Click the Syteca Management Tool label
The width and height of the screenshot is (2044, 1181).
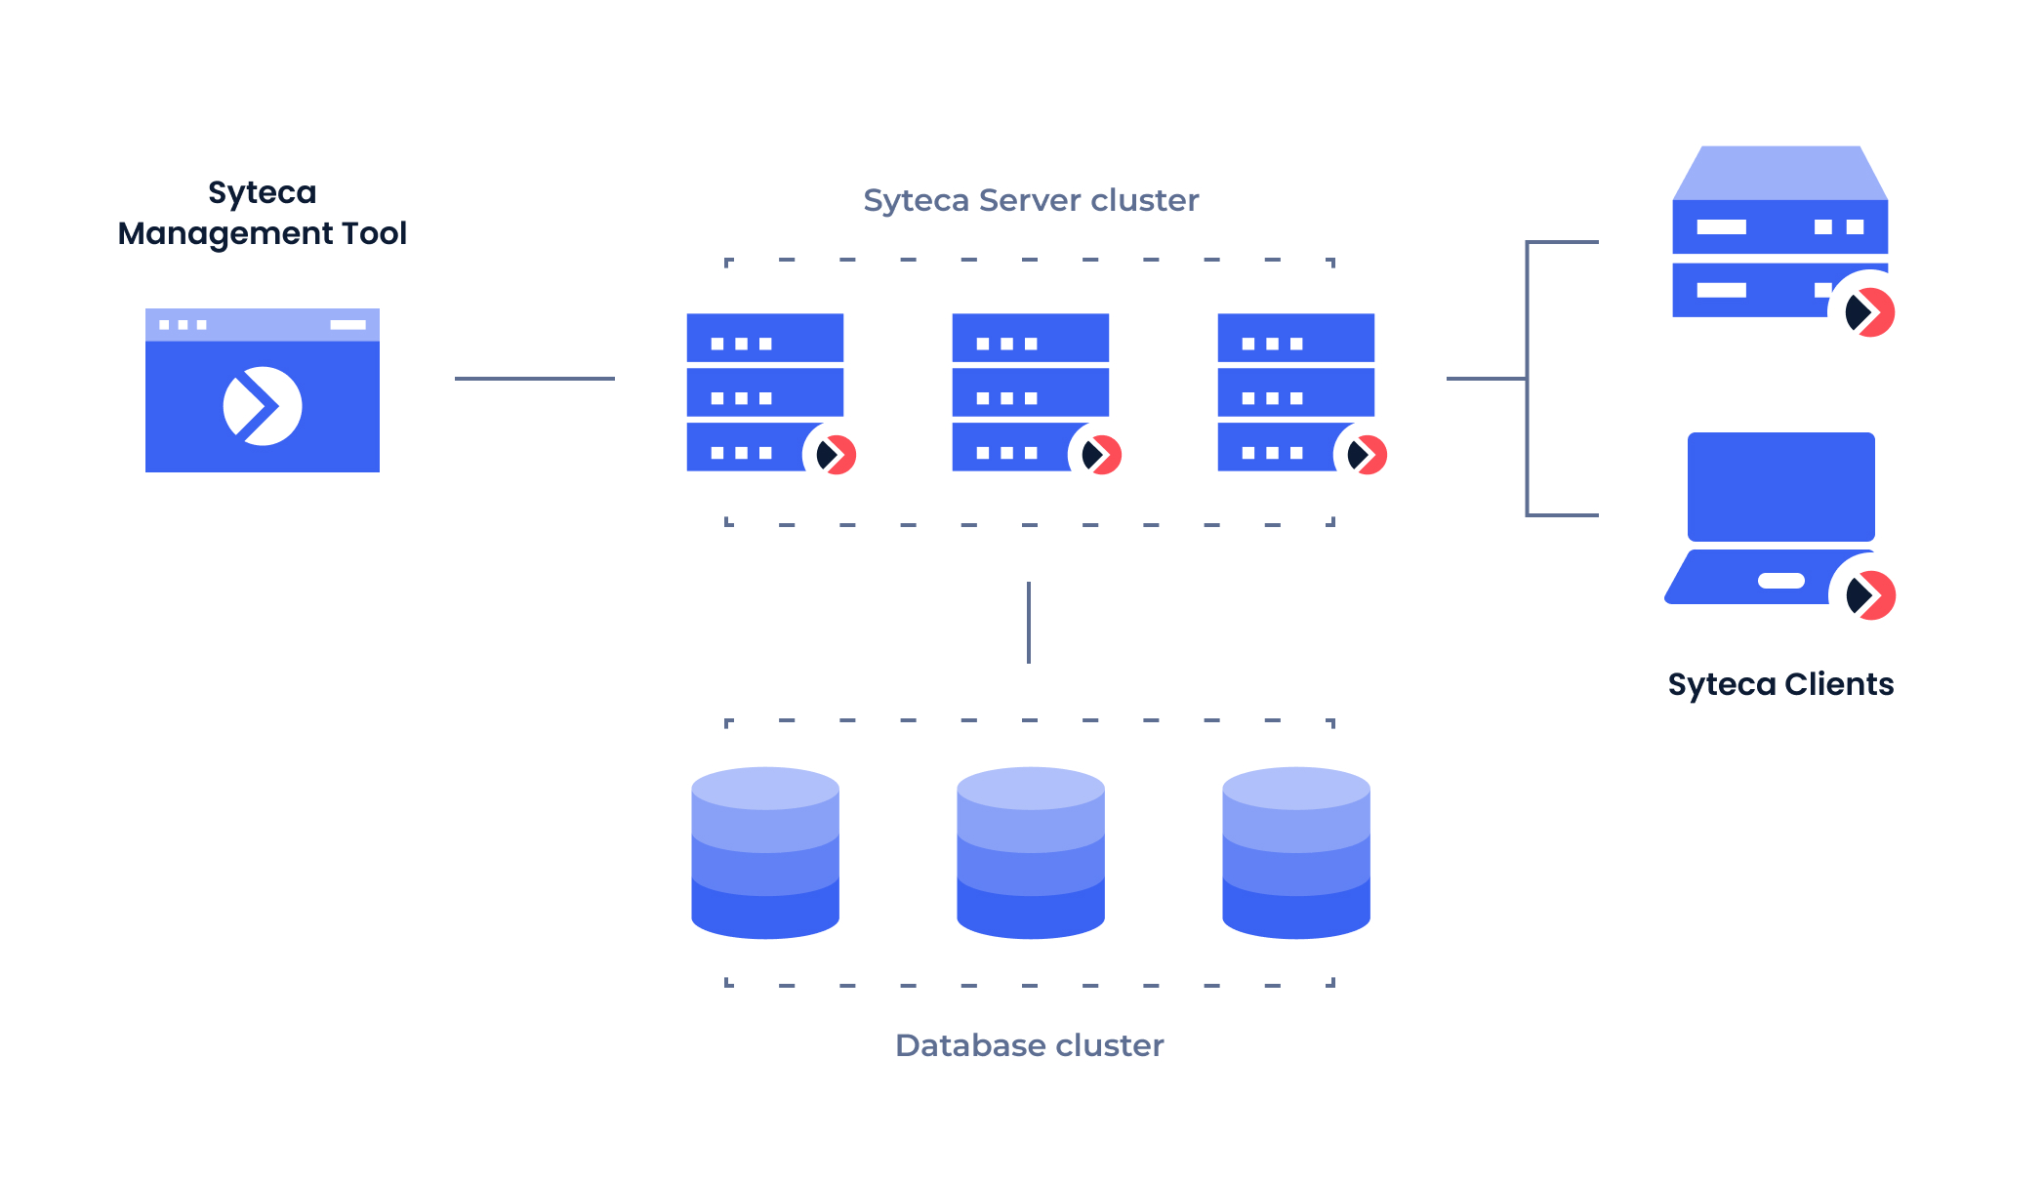click(x=262, y=213)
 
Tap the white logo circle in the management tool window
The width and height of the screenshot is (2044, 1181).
click(x=263, y=406)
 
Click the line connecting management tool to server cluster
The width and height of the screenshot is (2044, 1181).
click(x=534, y=379)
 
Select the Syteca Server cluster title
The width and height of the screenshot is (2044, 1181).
click(x=1031, y=200)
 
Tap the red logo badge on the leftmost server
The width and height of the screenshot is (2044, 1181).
click(x=835, y=455)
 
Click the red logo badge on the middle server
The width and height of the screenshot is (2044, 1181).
click(x=1100, y=455)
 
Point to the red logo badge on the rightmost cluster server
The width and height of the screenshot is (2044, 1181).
click(x=1366, y=455)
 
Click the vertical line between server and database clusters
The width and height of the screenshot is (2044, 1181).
click(x=1029, y=623)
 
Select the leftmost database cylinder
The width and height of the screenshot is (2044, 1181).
click(x=765, y=853)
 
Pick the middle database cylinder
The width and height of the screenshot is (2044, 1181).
click(x=1031, y=853)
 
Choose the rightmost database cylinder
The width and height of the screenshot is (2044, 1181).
click(x=1296, y=853)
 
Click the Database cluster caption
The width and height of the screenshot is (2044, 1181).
click(x=1030, y=1045)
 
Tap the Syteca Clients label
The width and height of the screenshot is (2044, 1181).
click(x=1780, y=684)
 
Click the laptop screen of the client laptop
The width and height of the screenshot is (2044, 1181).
click(x=1780, y=486)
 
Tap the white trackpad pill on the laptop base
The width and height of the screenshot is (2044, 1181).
click(x=1780, y=581)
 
